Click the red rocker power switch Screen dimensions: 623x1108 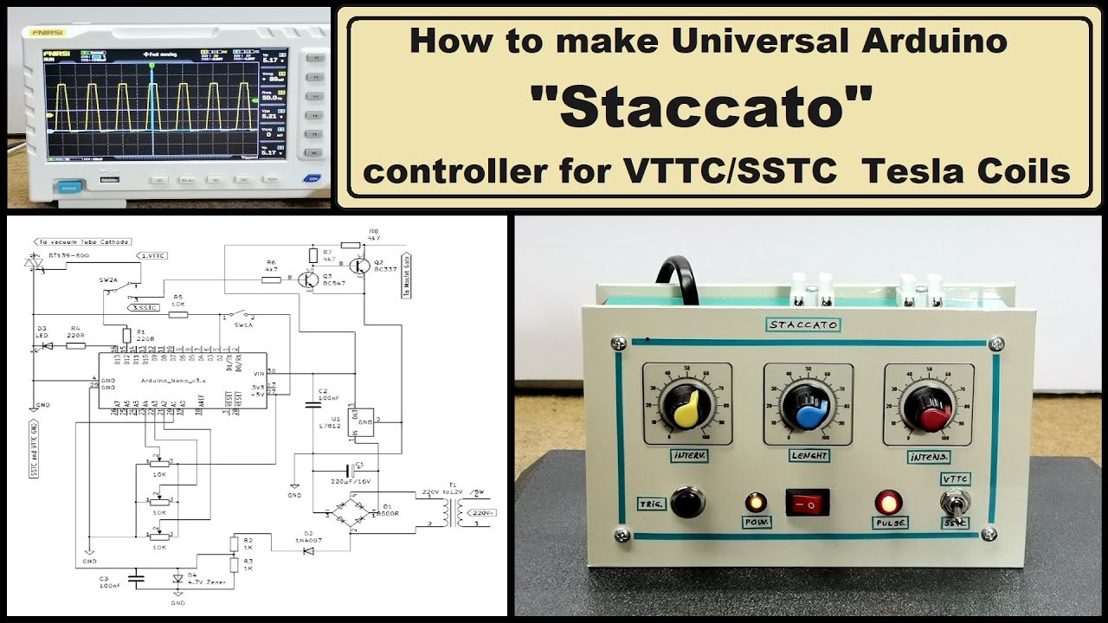807,502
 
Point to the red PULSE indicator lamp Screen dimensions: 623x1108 889,502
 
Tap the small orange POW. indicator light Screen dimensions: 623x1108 756,502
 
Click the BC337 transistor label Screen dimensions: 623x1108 385,268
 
